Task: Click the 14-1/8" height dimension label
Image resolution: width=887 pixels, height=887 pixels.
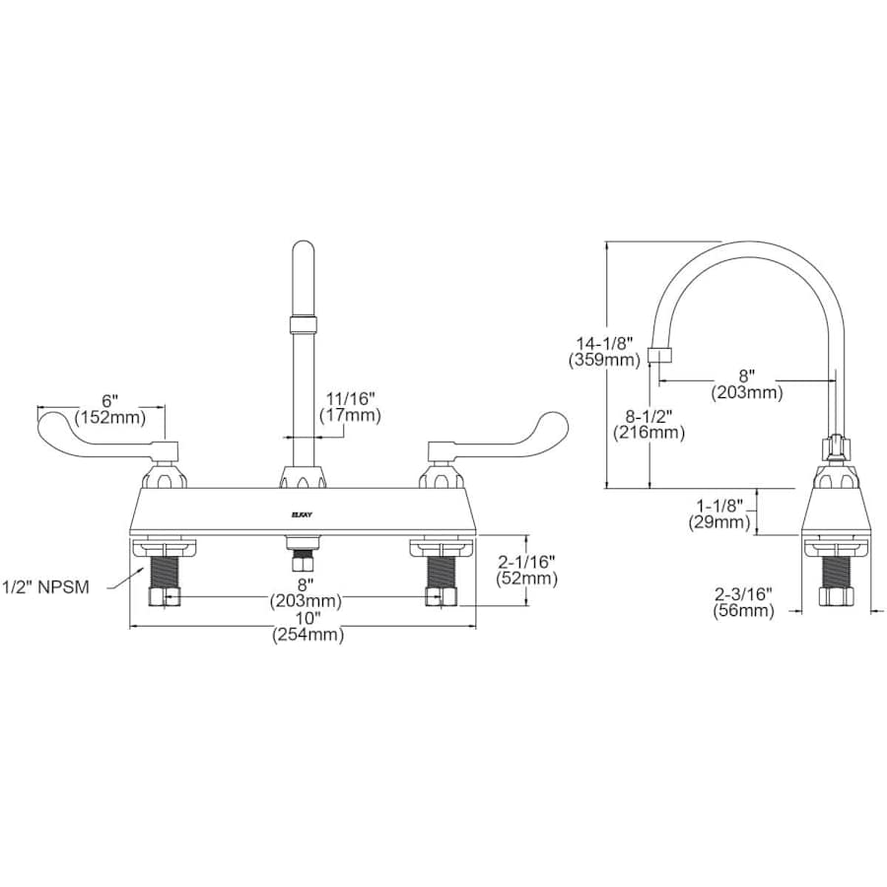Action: (604, 344)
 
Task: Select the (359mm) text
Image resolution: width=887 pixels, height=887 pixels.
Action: (604, 360)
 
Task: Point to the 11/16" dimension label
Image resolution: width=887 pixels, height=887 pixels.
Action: (350, 399)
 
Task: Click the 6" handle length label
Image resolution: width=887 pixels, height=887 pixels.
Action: (110, 400)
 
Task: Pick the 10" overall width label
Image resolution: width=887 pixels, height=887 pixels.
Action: (308, 618)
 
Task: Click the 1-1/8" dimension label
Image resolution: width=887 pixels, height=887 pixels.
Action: (716, 505)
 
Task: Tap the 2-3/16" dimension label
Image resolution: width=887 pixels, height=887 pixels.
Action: (743, 594)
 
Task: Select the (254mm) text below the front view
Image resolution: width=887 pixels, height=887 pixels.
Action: (308, 636)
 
